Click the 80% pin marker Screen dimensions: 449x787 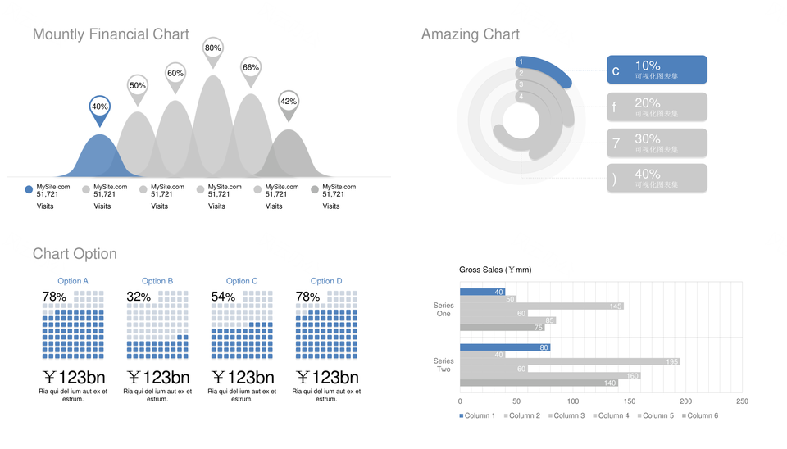(x=213, y=49)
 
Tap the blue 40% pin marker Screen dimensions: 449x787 (x=99, y=107)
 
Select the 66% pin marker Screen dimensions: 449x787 (x=251, y=68)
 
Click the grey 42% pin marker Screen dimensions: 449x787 (x=289, y=102)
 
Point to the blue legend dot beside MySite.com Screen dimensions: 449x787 (x=29, y=190)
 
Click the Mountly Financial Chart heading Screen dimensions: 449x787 (x=111, y=34)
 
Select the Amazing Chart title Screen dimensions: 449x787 (x=470, y=34)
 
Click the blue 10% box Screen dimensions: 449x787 (x=657, y=70)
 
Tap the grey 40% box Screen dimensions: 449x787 (x=657, y=178)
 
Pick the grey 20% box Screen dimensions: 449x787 (x=657, y=107)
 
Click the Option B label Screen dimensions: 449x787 (x=157, y=281)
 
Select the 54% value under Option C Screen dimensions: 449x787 (x=223, y=297)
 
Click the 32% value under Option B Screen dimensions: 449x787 (x=139, y=297)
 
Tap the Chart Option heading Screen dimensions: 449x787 (x=75, y=254)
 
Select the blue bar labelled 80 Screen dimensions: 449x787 (x=504, y=347)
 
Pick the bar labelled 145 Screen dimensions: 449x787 (x=541, y=306)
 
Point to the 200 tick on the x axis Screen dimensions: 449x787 (x=686, y=401)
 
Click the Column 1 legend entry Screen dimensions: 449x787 (x=477, y=415)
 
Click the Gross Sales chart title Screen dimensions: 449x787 (x=495, y=270)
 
